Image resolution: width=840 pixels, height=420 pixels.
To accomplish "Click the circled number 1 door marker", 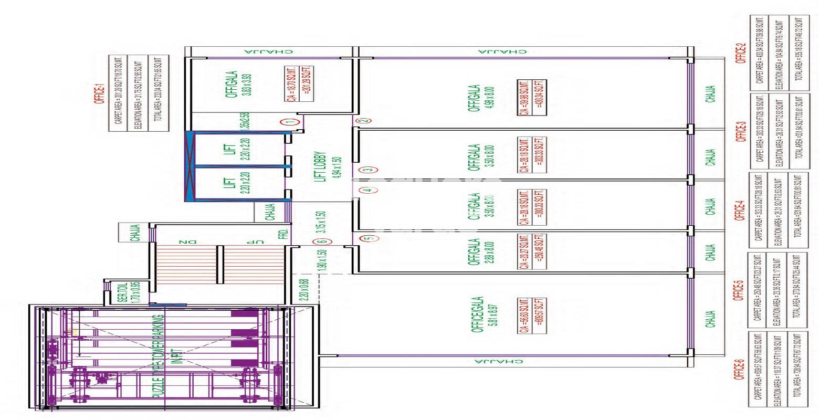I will coord(288,121).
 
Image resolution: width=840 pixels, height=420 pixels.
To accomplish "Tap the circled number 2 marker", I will coord(362,120).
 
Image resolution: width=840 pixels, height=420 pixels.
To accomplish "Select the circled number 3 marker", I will coord(368,169).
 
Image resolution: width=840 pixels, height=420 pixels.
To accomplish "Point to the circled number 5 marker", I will coord(370,238).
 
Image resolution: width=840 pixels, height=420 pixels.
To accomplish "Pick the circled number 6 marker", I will coord(321,242).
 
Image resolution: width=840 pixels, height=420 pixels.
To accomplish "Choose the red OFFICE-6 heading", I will coord(741,370).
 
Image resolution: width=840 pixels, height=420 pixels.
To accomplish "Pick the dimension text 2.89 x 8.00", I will coord(490,252).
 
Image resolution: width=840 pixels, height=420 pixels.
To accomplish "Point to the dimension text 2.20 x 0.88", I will coord(303,289).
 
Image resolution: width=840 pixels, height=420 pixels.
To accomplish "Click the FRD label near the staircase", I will coord(282,234).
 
